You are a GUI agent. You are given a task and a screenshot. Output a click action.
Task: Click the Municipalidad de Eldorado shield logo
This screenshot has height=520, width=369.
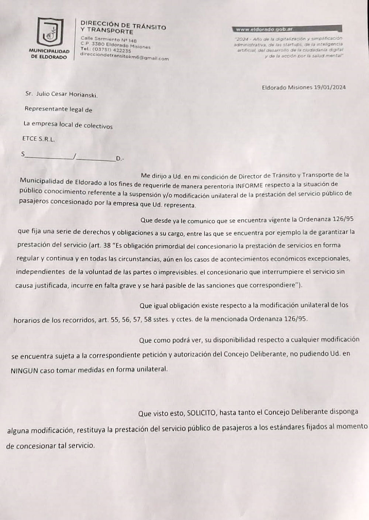[50, 32]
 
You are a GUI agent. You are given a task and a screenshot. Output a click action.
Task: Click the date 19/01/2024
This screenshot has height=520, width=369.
[330, 87]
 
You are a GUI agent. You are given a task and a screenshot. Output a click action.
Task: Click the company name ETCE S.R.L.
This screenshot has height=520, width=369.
[35, 139]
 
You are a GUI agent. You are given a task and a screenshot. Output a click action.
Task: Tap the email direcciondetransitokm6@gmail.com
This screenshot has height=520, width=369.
[124, 56]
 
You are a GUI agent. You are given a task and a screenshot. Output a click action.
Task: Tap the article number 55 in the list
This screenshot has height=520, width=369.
[115, 320]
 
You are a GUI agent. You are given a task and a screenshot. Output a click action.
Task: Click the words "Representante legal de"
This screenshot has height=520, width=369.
[58, 109]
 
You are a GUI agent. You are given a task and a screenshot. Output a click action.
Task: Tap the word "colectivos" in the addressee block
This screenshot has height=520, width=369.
[98, 126]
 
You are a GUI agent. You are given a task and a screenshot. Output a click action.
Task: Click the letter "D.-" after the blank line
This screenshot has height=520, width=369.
[120, 159]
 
